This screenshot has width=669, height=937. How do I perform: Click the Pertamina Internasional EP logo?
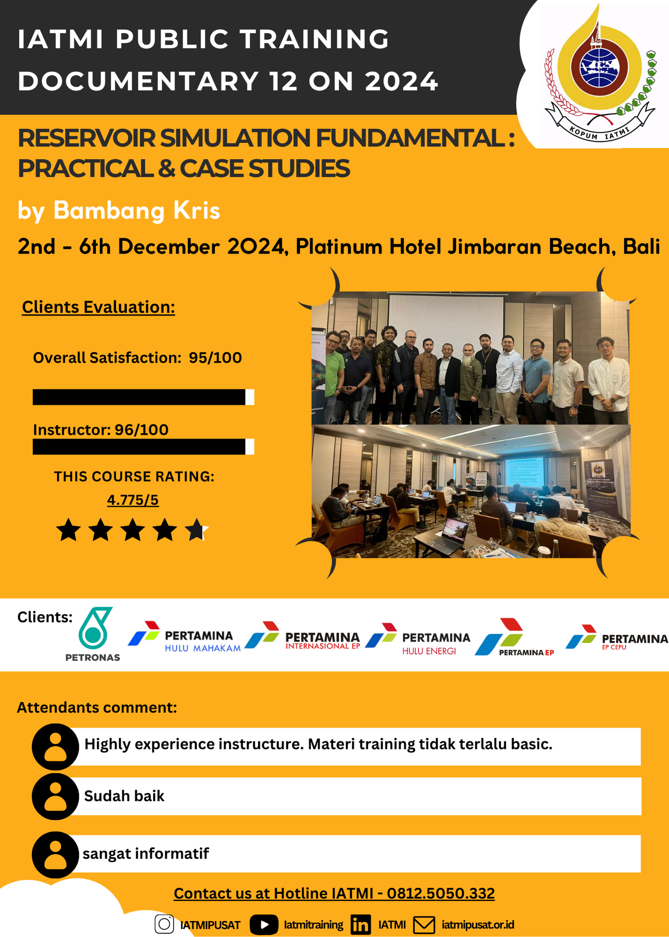302,636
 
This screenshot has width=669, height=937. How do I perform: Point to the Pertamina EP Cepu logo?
617,638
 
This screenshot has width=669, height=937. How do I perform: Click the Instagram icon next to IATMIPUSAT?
164,924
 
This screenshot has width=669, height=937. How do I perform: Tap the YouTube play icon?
264,924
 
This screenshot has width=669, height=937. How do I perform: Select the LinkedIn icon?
361,924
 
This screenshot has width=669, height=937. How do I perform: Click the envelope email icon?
424,925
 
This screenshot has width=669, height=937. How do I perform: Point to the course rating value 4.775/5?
133,500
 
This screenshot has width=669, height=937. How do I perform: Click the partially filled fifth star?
196,530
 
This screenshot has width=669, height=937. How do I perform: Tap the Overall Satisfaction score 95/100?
216,357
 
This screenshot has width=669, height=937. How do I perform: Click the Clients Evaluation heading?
98,307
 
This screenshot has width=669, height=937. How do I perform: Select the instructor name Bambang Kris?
137,210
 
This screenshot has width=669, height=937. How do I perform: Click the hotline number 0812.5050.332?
441,893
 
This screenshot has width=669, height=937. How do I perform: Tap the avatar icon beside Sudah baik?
55,796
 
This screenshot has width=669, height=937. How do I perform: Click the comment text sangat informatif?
146,853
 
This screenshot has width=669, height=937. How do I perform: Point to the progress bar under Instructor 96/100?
143,446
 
